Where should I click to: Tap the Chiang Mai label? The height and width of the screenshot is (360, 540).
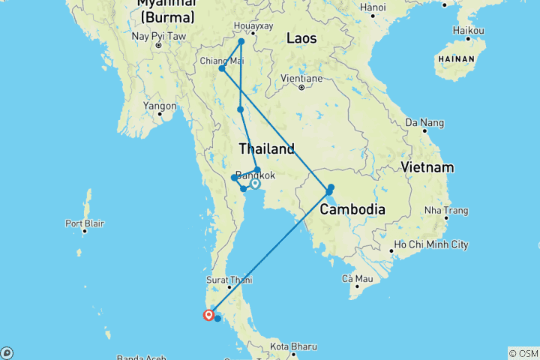point(221,61)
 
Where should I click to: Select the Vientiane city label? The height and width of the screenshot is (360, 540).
point(300,78)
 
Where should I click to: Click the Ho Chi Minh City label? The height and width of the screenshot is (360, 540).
point(431,245)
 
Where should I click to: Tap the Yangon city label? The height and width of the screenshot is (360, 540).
point(160,106)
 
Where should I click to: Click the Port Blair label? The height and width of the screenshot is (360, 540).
point(84,223)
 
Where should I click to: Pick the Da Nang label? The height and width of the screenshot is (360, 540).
point(421,121)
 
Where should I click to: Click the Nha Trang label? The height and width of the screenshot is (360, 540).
point(442,211)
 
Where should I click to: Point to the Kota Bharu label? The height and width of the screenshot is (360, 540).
point(293,346)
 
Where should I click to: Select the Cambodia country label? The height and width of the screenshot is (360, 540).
point(352,209)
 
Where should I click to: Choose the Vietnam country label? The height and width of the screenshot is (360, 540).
point(427,166)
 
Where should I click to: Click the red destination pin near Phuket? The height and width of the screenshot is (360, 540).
point(208,314)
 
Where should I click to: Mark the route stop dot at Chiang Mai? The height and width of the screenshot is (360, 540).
point(222,70)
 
